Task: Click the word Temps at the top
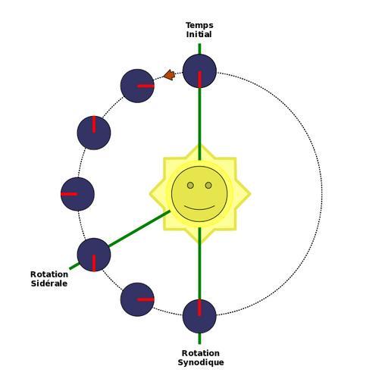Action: [199, 26]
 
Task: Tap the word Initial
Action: [199, 34]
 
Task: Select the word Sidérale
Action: [49, 283]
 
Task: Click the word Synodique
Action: [201, 362]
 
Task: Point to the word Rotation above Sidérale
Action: [49, 274]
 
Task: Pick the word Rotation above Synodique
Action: [201, 353]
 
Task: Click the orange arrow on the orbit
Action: [169, 75]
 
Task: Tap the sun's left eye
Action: [190, 186]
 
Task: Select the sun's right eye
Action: [208, 186]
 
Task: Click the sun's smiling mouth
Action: [199, 208]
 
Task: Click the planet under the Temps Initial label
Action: [199, 71]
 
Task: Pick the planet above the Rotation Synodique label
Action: [199, 316]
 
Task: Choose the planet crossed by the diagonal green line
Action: [94, 255]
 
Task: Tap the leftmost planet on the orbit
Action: [77, 194]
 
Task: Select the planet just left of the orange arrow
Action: [137, 86]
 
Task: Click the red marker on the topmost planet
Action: [199, 80]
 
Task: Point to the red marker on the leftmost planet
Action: [69, 194]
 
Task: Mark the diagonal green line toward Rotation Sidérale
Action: [120, 240]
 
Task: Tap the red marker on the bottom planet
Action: [199, 308]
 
